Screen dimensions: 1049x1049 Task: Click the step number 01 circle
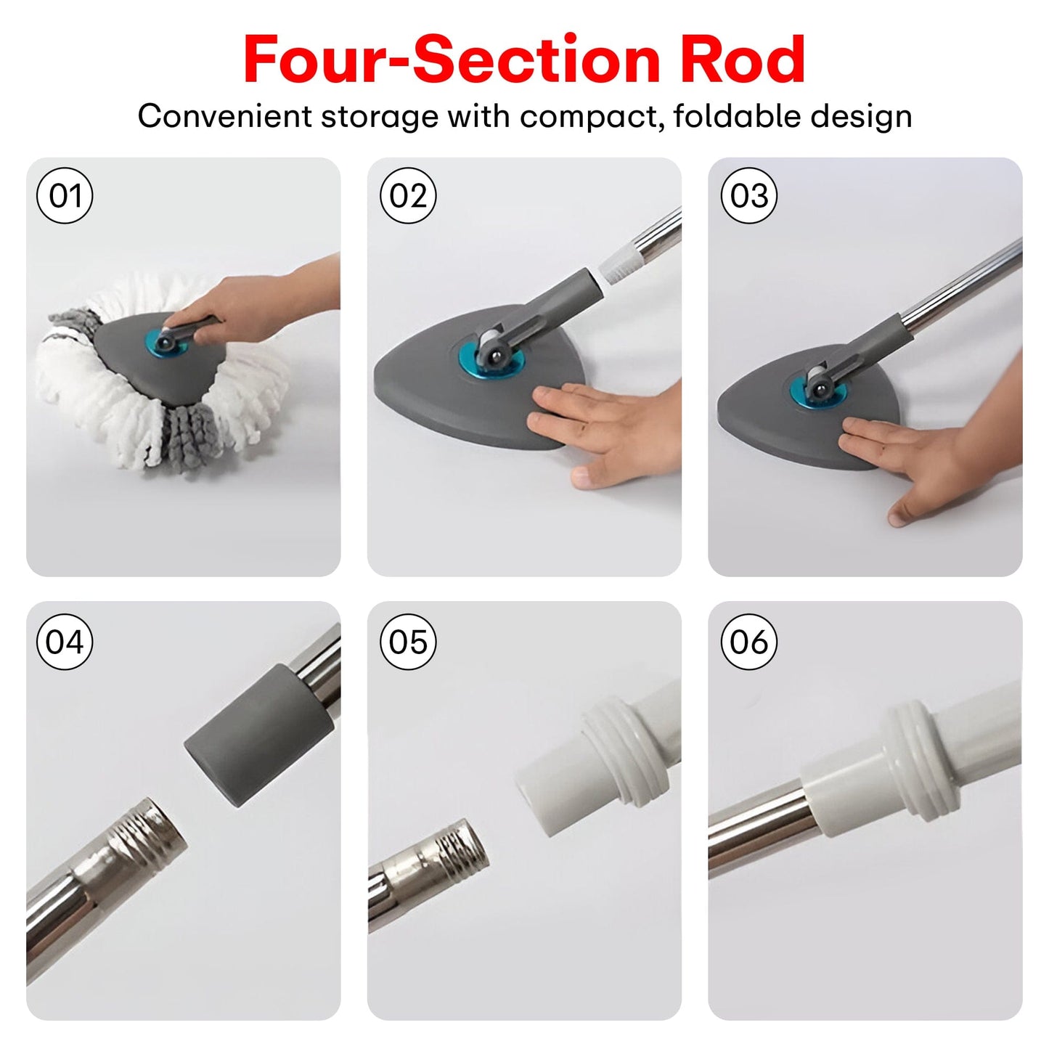(x=65, y=195)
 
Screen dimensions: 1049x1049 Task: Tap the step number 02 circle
(x=408, y=195)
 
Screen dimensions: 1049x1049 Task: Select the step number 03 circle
(x=749, y=195)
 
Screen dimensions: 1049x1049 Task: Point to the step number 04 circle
(x=65, y=641)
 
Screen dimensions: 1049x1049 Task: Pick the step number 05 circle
(x=408, y=641)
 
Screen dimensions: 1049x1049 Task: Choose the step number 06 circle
(x=749, y=641)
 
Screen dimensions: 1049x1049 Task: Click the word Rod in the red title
(x=743, y=59)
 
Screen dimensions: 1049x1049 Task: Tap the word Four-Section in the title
(x=452, y=59)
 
